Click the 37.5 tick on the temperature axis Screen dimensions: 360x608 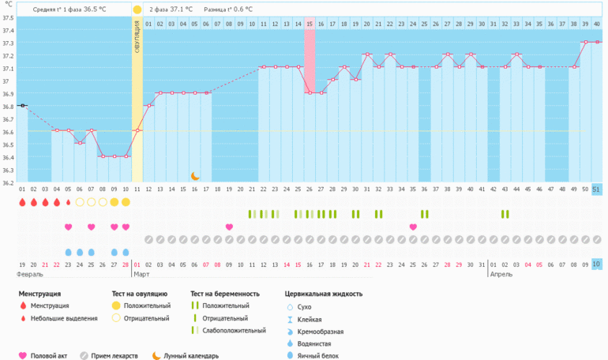coord(9,17)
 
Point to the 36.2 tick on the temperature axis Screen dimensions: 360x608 coord(9,182)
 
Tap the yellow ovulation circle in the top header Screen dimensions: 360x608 coord(137,9)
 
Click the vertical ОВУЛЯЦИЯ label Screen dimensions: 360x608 coord(137,36)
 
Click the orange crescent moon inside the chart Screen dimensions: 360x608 coord(195,176)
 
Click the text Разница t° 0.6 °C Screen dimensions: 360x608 coord(228,9)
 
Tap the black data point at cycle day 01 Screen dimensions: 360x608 coord(23,105)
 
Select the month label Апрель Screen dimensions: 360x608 coord(501,274)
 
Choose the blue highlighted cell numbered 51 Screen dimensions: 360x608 coord(596,189)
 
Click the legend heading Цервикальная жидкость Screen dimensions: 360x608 coord(324,294)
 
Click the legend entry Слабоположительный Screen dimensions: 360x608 coord(234,331)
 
